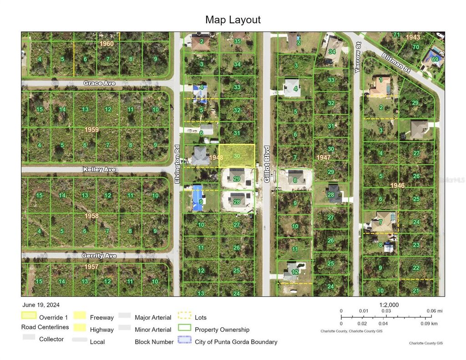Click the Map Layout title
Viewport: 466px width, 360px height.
pyautogui.click(x=233, y=20)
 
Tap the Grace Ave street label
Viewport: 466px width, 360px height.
pyautogui.click(x=99, y=83)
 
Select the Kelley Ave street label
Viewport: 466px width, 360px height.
pyautogui.click(x=99, y=169)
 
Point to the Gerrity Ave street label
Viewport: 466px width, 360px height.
pyautogui.click(x=99, y=256)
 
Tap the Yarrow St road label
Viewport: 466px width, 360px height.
pyautogui.click(x=358, y=63)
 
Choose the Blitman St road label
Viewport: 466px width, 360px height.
pyautogui.click(x=396, y=62)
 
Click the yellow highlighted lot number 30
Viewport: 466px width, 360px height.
pyautogui.click(x=237, y=156)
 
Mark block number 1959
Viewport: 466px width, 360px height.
pyautogui.click(x=91, y=130)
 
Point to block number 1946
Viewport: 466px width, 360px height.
pyautogui.click(x=397, y=185)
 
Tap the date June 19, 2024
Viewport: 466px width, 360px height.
pyautogui.click(x=41, y=305)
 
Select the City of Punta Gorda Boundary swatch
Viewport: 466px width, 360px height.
pyautogui.click(x=184, y=340)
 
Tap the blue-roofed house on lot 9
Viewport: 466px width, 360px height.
pyautogui.click(x=198, y=198)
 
